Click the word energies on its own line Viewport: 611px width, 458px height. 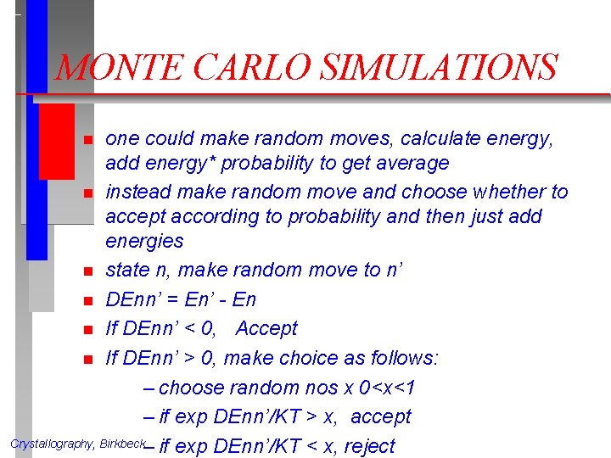coord(144,241)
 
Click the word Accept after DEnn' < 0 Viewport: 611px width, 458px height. coord(267,328)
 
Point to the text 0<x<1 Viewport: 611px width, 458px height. coord(388,388)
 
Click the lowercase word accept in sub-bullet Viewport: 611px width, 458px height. coord(380,417)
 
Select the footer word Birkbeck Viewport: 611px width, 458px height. coord(122,444)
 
